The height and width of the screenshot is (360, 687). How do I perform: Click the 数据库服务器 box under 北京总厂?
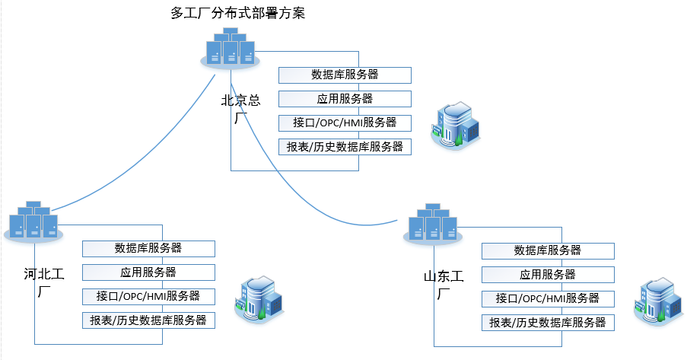(x=345, y=75)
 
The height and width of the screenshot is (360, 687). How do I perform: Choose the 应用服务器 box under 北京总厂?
(x=345, y=99)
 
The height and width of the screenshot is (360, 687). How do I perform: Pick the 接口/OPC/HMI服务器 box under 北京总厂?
(x=345, y=123)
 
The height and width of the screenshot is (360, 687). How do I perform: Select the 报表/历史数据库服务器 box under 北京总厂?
(x=345, y=147)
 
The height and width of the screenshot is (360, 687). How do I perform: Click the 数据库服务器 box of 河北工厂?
(x=148, y=248)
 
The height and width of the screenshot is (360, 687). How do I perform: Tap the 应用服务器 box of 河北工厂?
(x=148, y=272)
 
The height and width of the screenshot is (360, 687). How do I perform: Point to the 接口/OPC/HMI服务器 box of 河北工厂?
(x=148, y=296)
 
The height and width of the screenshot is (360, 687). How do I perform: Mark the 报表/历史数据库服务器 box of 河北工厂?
(x=148, y=320)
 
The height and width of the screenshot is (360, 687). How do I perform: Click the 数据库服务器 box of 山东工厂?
(x=548, y=250)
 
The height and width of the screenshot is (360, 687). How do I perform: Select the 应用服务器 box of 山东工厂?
(x=548, y=275)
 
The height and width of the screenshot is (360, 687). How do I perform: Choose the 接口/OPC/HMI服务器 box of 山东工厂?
(x=548, y=298)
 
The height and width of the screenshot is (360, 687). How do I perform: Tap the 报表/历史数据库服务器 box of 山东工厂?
(x=548, y=323)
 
